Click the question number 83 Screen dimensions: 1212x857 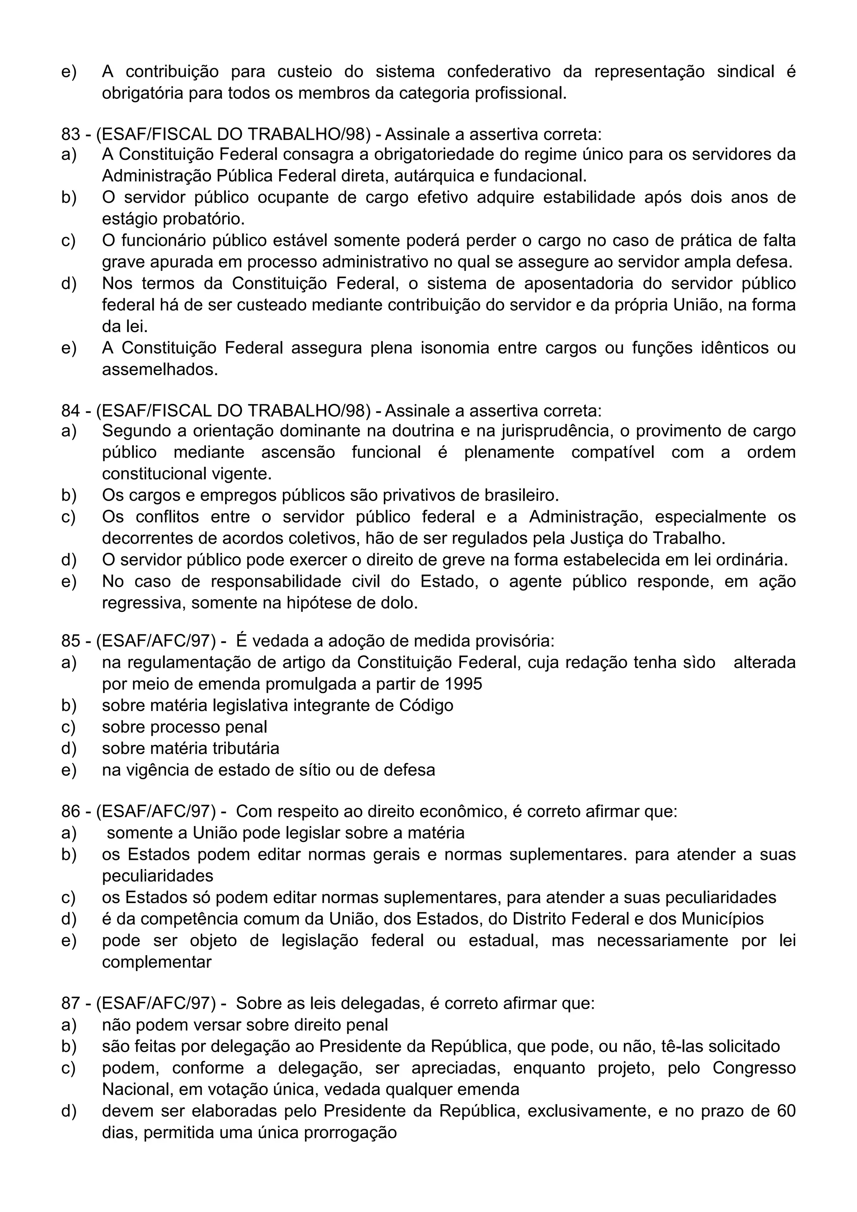(70, 134)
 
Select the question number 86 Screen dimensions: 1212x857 (70, 811)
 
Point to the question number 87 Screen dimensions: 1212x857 (70, 1003)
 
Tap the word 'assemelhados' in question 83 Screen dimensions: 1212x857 (159, 370)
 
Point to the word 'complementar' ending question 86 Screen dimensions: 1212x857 (157, 962)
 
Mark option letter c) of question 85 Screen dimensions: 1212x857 (68, 727)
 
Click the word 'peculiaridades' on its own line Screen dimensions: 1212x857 (157, 876)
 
